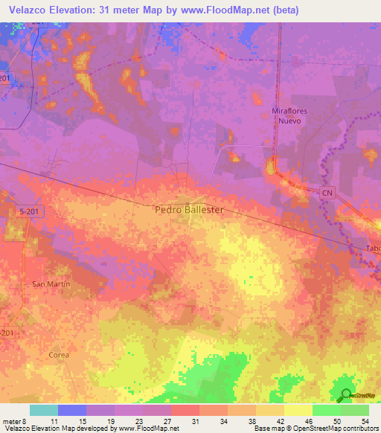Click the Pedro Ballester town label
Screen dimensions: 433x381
(x=189, y=210)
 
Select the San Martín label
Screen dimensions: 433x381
(x=50, y=284)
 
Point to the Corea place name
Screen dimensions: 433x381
(x=59, y=355)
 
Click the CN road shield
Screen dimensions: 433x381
(x=327, y=192)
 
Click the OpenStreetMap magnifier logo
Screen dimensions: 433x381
(x=345, y=397)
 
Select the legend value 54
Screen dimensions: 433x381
(x=354, y=420)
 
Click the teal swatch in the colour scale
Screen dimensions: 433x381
(x=44, y=410)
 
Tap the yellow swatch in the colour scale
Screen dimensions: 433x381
(x=298, y=410)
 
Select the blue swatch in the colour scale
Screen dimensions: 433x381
(x=72, y=410)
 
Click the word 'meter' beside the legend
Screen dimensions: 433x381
(x=13, y=420)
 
